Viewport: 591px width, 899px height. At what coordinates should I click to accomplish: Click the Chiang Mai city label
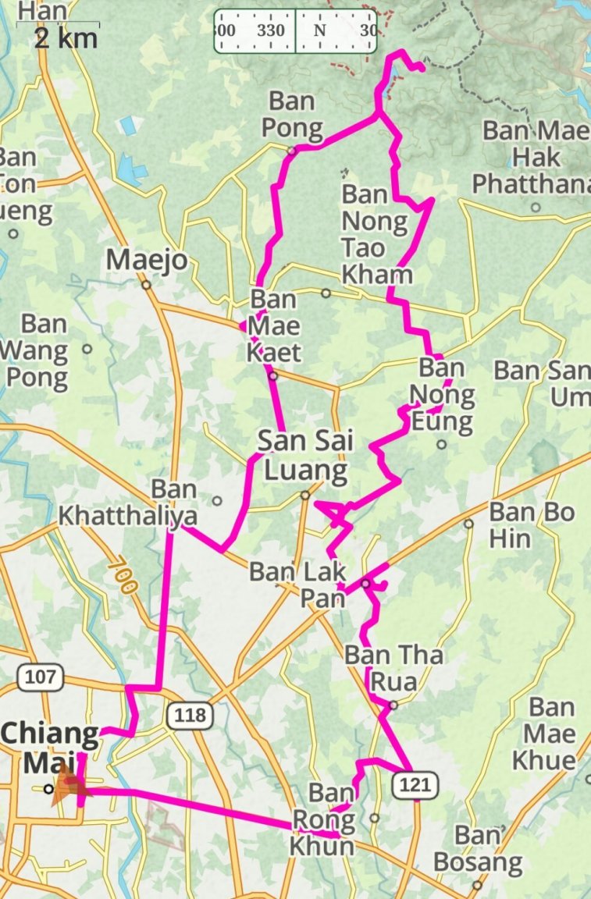pos(51,746)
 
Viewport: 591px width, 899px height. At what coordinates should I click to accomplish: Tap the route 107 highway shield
pos(40,676)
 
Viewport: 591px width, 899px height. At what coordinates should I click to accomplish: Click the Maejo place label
pos(148,260)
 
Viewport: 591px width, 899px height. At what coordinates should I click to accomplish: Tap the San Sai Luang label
pos(305,455)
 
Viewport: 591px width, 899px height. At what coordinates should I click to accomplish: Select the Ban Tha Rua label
pos(393,668)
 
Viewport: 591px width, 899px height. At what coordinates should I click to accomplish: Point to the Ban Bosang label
pos(478,848)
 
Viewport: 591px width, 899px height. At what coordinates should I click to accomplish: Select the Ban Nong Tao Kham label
pos(376,234)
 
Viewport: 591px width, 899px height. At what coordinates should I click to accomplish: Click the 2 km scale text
pos(66,38)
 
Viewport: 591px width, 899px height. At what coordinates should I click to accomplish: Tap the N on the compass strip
pos(319,30)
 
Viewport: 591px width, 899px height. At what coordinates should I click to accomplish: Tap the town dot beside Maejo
pos(146,285)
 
